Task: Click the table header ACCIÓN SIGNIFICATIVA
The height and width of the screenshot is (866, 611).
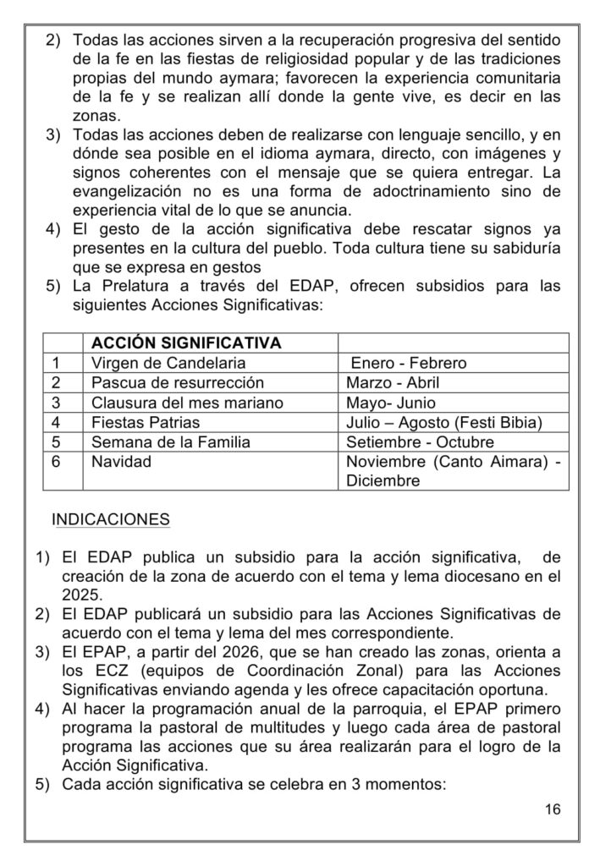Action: click(x=185, y=344)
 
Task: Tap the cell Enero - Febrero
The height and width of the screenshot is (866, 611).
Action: click(x=408, y=364)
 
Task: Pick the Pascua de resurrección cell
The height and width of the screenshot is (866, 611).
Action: click(x=177, y=383)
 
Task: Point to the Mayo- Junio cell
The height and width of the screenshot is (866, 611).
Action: click(x=391, y=403)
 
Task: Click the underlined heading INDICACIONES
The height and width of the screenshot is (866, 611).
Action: click(x=111, y=518)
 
